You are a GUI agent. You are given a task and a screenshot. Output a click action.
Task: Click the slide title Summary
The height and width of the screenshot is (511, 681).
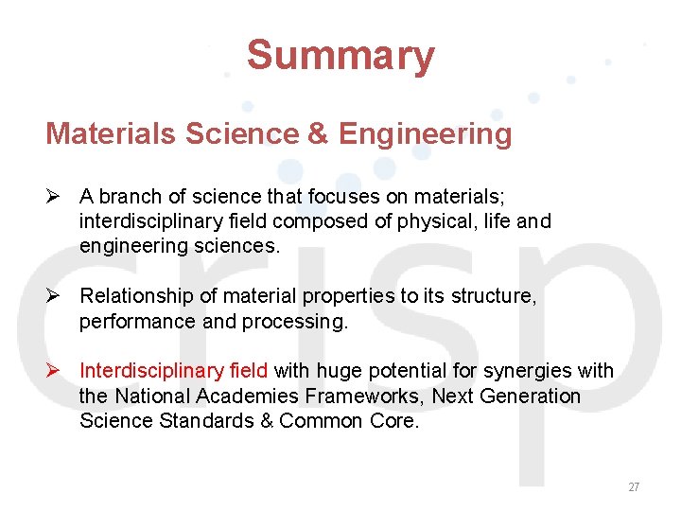pyautogui.click(x=340, y=56)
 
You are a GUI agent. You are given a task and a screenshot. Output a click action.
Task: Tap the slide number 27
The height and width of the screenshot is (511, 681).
pyautogui.click(x=634, y=487)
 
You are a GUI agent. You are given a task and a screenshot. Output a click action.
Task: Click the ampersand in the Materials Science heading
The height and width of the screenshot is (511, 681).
pyautogui.click(x=317, y=133)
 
